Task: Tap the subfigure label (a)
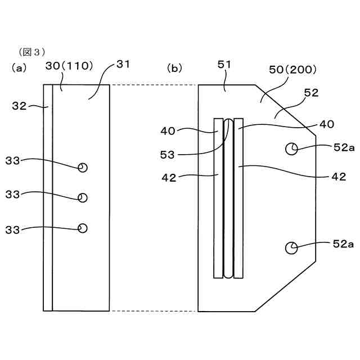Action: [x=19, y=68]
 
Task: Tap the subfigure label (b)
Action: [x=175, y=68]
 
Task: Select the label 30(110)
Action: [x=70, y=66]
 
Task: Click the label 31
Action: [x=123, y=64]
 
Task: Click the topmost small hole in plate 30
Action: [x=83, y=168]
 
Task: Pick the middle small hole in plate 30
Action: [x=83, y=197]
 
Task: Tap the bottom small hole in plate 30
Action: [x=83, y=228]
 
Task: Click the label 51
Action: [x=224, y=66]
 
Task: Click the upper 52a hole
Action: [x=291, y=148]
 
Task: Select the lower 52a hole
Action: [x=291, y=247]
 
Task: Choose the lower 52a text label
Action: [x=343, y=244]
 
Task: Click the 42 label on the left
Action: [x=169, y=177]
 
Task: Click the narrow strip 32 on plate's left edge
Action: [x=48, y=197]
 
